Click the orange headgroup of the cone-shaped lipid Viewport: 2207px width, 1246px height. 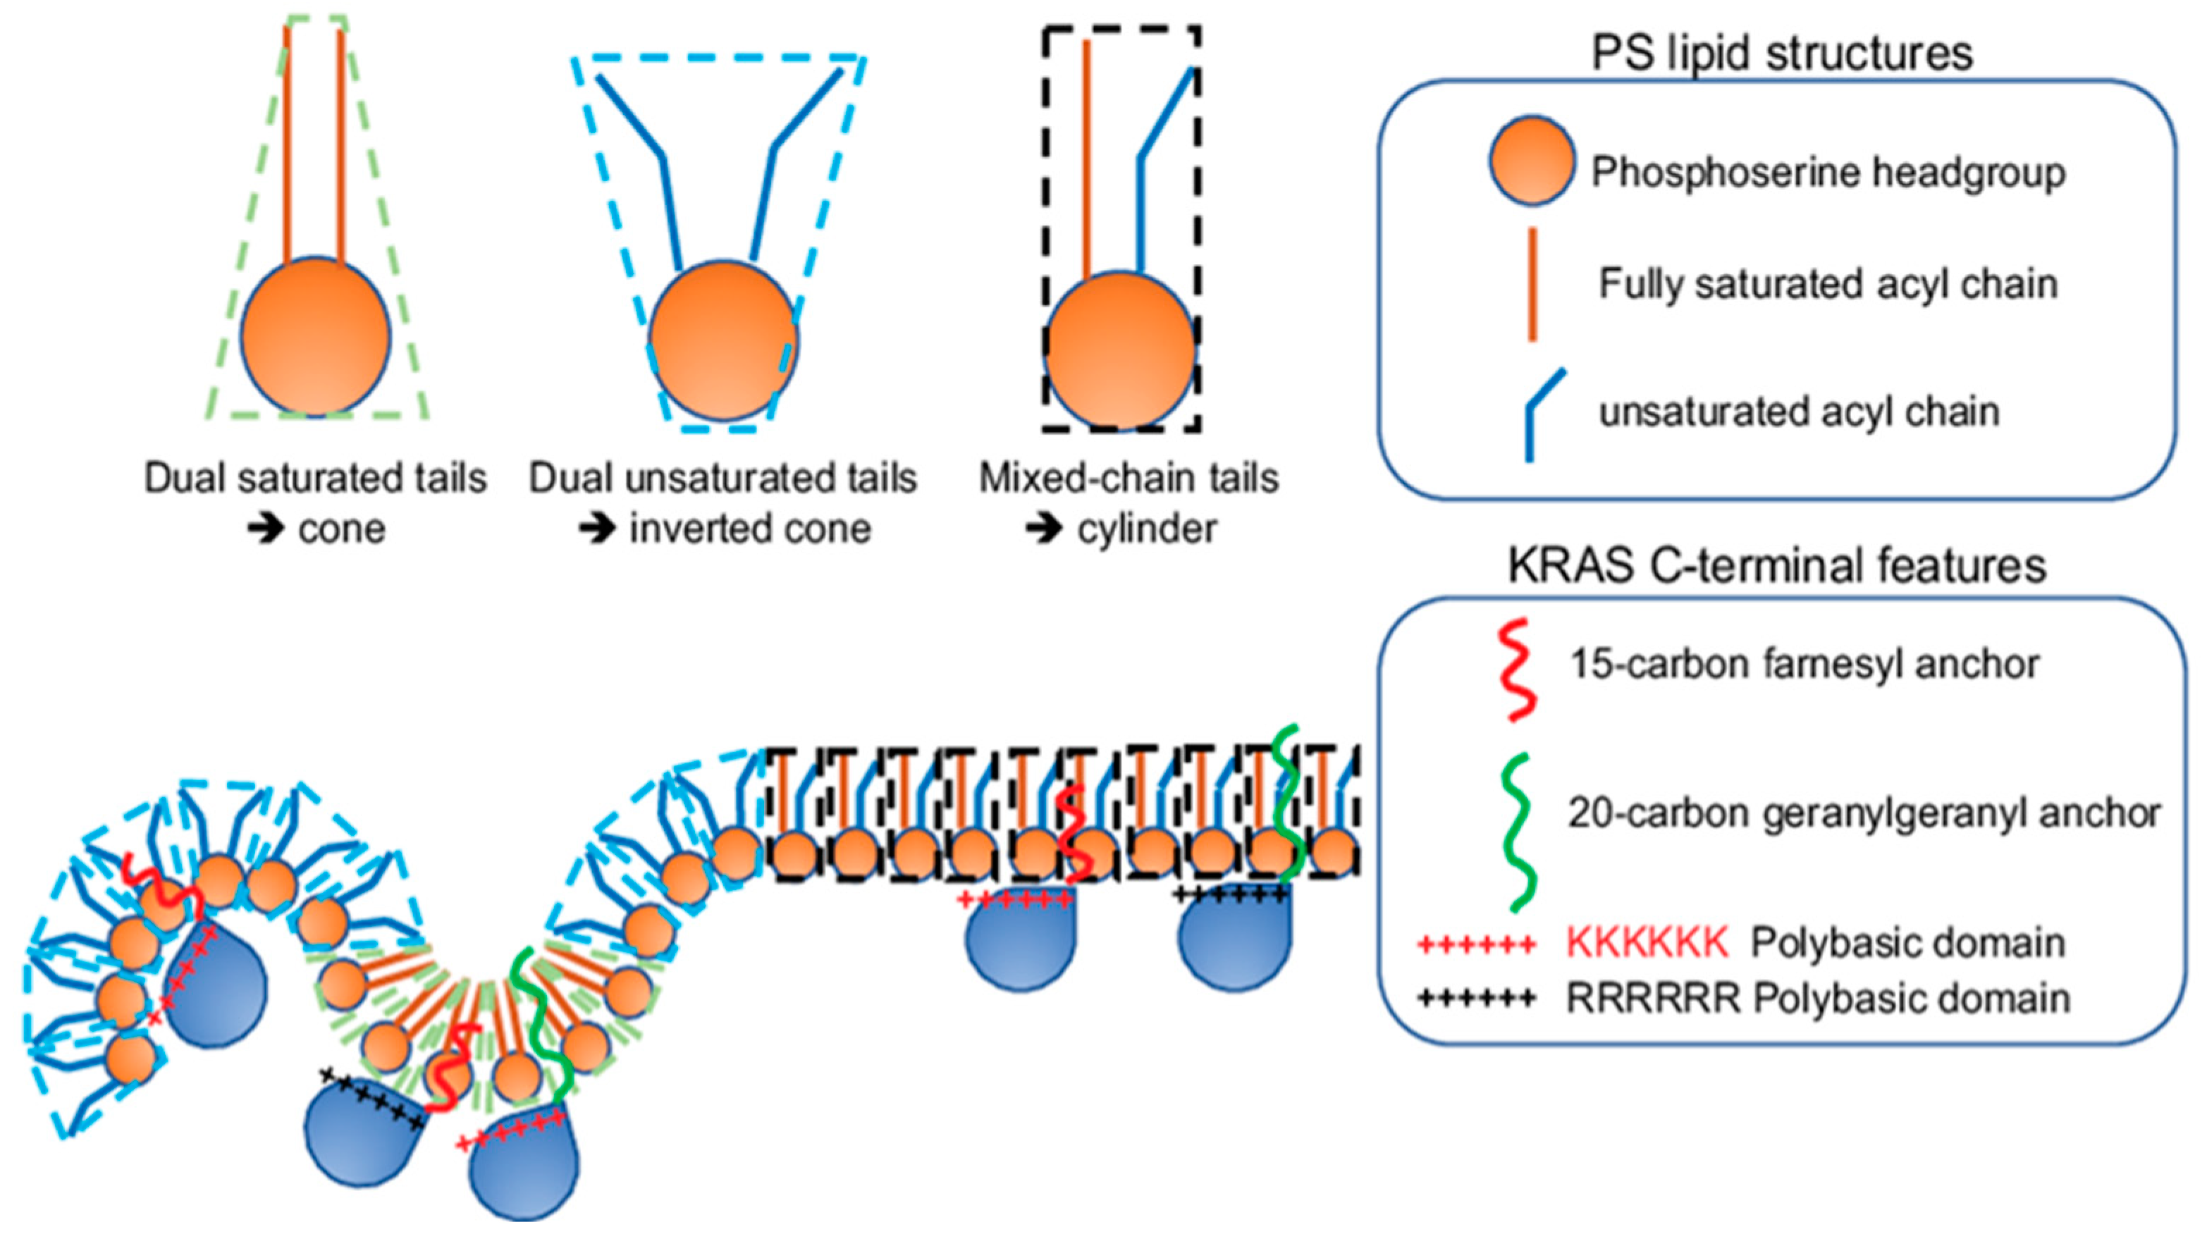click(315, 337)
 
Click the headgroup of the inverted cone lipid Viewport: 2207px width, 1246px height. click(723, 340)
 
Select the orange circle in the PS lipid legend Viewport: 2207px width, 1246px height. click(1531, 161)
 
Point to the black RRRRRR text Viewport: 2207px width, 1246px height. click(1653, 999)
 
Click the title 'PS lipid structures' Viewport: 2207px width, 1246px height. click(1782, 53)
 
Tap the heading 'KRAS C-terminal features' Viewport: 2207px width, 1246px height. click(1777, 566)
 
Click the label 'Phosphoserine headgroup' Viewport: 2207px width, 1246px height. click(1828, 172)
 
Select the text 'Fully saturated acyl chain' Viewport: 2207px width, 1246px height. click(1828, 284)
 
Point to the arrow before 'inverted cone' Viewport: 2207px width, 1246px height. click(597, 529)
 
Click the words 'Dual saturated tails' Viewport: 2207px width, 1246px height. click(315, 478)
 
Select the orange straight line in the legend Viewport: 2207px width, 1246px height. click(1532, 284)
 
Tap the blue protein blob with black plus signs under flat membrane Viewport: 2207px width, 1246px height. click(1234, 942)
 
